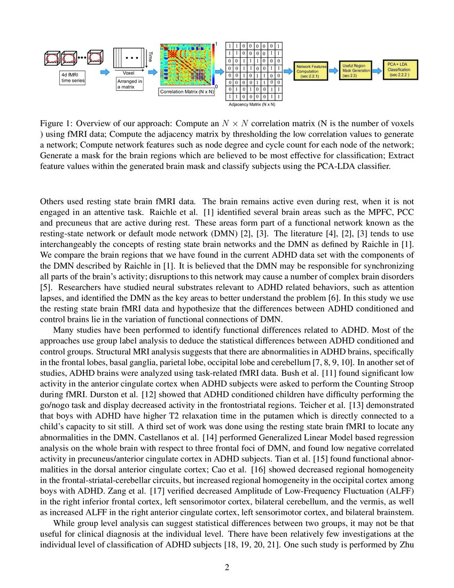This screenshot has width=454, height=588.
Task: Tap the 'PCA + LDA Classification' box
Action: [x=401, y=69]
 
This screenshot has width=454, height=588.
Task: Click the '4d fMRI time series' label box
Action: [x=72, y=77]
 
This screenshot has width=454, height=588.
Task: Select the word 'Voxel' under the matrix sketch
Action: [x=129, y=72]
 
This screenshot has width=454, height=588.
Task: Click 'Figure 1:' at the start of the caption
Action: [x=58, y=123]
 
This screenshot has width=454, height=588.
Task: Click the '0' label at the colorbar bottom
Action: [x=216, y=86]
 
